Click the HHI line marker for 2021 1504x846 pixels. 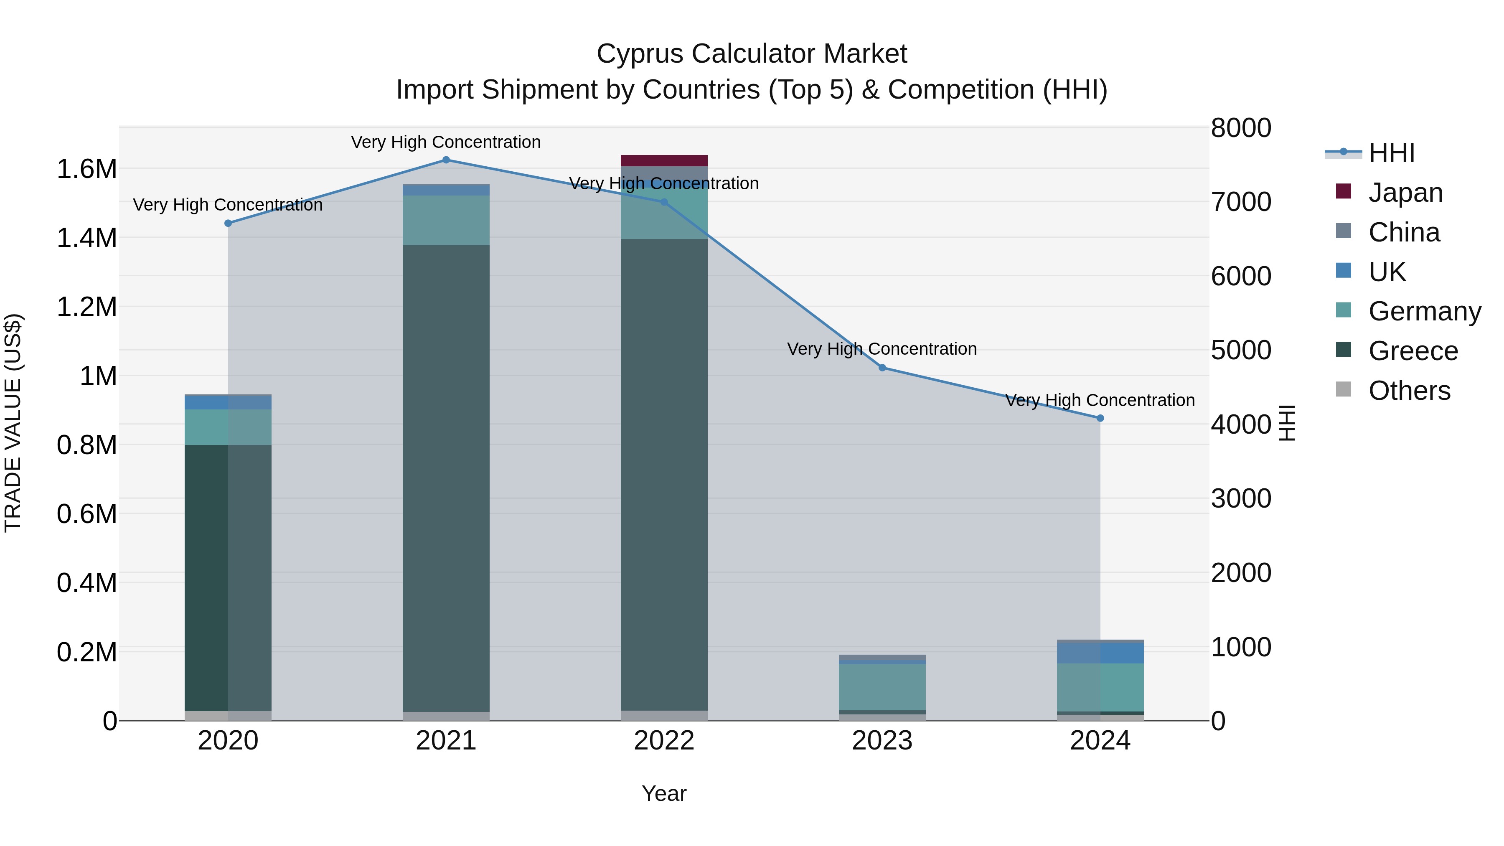(x=446, y=160)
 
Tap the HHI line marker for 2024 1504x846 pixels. (x=1100, y=418)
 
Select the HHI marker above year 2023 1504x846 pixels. (x=882, y=368)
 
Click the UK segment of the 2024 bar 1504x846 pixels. (x=1100, y=653)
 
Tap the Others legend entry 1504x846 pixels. (x=1408, y=391)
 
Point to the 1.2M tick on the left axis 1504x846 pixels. (x=86, y=307)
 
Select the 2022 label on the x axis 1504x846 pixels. (x=664, y=740)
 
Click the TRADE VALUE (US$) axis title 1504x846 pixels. (x=13, y=423)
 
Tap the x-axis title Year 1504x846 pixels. (x=664, y=793)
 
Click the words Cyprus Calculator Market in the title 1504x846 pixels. (x=752, y=54)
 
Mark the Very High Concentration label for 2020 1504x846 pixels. (x=228, y=205)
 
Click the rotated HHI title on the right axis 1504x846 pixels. (x=1287, y=423)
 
